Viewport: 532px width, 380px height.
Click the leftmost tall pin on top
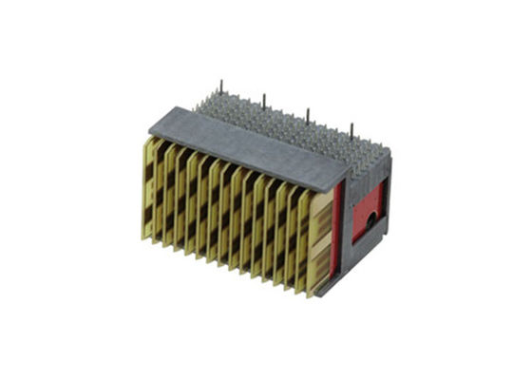tap(220, 87)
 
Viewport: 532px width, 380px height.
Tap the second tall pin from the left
tap(264, 101)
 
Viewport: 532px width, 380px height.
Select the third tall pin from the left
tap(308, 115)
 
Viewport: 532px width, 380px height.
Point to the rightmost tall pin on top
tap(351, 129)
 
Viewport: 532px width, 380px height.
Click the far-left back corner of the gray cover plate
tap(197, 106)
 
